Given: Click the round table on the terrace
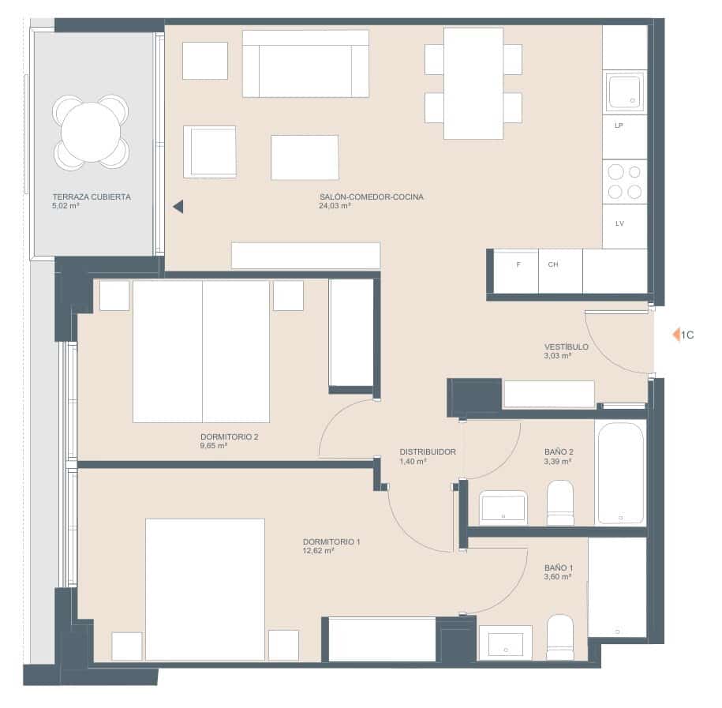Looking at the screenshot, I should (x=91, y=132).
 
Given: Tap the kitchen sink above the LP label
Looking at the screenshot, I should (x=624, y=92).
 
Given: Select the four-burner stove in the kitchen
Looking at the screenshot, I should (x=624, y=182).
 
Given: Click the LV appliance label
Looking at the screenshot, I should (x=619, y=224).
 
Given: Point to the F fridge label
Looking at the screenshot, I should (x=518, y=264).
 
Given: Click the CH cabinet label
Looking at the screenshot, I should (x=553, y=264).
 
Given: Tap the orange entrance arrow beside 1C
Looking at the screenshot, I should (x=675, y=335).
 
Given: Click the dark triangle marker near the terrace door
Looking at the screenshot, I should (x=178, y=206).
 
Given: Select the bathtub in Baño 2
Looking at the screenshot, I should (x=620, y=473).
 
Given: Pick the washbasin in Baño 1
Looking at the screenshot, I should (x=505, y=642).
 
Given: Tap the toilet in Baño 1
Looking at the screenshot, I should (x=560, y=637).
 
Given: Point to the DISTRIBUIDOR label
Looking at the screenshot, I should (x=428, y=451).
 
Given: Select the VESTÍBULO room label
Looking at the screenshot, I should (x=566, y=347).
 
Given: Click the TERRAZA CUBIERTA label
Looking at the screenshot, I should (x=92, y=197).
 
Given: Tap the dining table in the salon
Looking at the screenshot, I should (x=473, y=84).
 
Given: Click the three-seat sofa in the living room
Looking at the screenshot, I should (x=305, y=64).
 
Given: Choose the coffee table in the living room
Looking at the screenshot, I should (x=305, y=157).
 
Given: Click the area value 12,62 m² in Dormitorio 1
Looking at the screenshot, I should (x=319, y=551).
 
